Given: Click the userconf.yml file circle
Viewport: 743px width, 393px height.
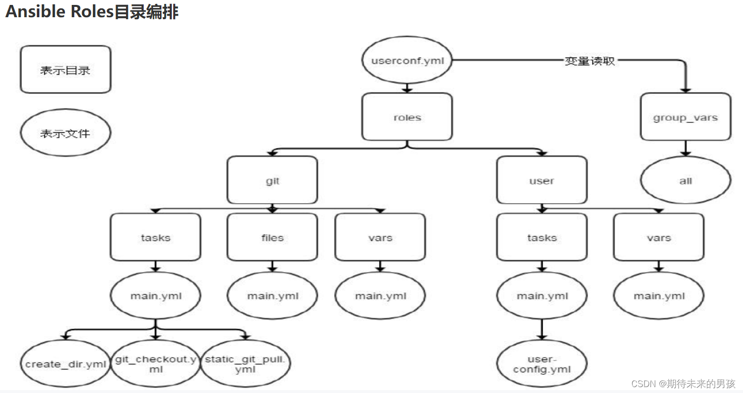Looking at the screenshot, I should [407, 61].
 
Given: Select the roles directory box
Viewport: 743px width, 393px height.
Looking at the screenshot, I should [407, 117].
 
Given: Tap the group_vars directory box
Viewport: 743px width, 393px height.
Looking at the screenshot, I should [685, 117].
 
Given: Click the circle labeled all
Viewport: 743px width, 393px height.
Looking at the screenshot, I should [685, 181].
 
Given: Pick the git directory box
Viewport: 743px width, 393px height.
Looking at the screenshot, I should [272, 181].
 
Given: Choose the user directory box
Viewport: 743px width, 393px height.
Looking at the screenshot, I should [541, 181].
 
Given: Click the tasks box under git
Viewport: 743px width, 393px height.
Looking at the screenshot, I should [155, 237].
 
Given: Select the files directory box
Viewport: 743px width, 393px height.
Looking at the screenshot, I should [272, 237].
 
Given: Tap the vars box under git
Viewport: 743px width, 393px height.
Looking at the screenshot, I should [380, 237].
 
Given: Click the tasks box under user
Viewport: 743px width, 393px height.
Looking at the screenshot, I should [541, 237].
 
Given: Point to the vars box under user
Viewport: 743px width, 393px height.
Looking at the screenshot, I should [658, 237].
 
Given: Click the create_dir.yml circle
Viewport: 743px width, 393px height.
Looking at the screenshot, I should [66, 364].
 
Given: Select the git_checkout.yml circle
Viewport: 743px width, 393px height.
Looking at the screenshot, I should [155, 364].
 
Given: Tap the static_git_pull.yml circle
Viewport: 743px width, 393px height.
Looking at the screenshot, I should [245, 364].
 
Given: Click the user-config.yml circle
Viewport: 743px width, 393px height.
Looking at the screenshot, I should [541, 364].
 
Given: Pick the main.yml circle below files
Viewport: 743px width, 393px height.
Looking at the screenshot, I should [272, 296].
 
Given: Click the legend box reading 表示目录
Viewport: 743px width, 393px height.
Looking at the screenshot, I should [65, 69].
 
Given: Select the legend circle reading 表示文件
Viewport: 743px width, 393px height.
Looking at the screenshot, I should [65, 133].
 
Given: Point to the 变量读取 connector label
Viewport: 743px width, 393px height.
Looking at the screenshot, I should [589, 61].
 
